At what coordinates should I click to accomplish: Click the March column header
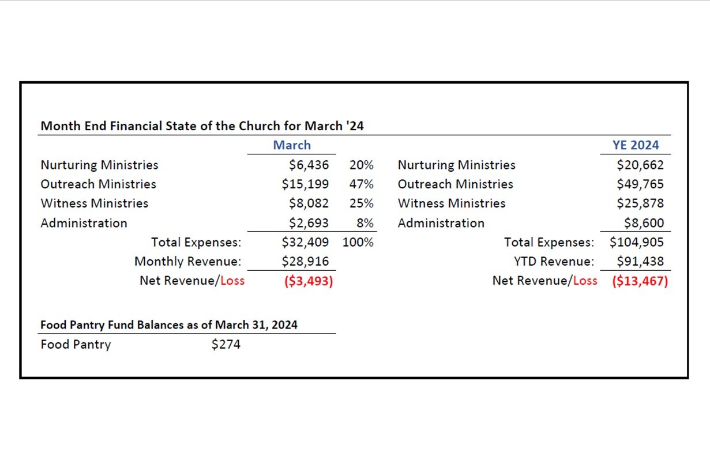pyautogui.click(x=292, y=145)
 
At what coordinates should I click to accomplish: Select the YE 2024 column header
pyautogui.click(x=636, y=145)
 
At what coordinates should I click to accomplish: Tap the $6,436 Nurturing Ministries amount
pyautogui.click(x=309, y=165)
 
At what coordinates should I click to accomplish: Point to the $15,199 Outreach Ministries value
pyautogui.click(x=306, y=184)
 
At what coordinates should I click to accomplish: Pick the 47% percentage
pyautogui.click(x=361, y=184)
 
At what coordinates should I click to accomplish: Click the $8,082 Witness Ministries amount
pyautogui.click(x=309, y=203)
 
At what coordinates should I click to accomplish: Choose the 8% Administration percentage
pyautogui.click(x=365, y=223)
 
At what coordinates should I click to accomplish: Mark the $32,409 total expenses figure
pyautogui.click(x=306, y=242)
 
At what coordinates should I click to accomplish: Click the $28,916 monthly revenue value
pyautogui.click(x=306, y=262)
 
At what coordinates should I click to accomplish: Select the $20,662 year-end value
pyautogui.click(x=640, y=165)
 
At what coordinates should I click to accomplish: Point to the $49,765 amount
pyautogui.click(x=640, y=184)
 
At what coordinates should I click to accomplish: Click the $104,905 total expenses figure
pyautogui.click(x=637, y=242)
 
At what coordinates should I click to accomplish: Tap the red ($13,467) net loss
pyautogui.click(x=640, y=281)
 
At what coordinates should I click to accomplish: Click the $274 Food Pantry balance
pyautogui.click(x=226, y=345)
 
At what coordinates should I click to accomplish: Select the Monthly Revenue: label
pyautogui.click(x=187, y=262)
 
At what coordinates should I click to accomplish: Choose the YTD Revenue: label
pyautogui.click(x=554, y=262)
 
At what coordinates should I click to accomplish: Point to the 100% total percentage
pyautogui.click(x=358, y=242)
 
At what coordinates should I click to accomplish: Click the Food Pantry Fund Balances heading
pyautogui.click(x=169, y=325)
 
